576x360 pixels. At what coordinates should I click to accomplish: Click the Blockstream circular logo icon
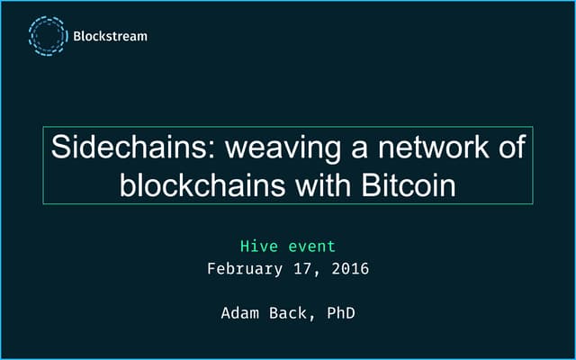coord(46,37)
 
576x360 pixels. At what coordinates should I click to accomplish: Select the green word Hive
coord(256,245)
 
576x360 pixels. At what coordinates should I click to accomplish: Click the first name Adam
coord(238,314)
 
